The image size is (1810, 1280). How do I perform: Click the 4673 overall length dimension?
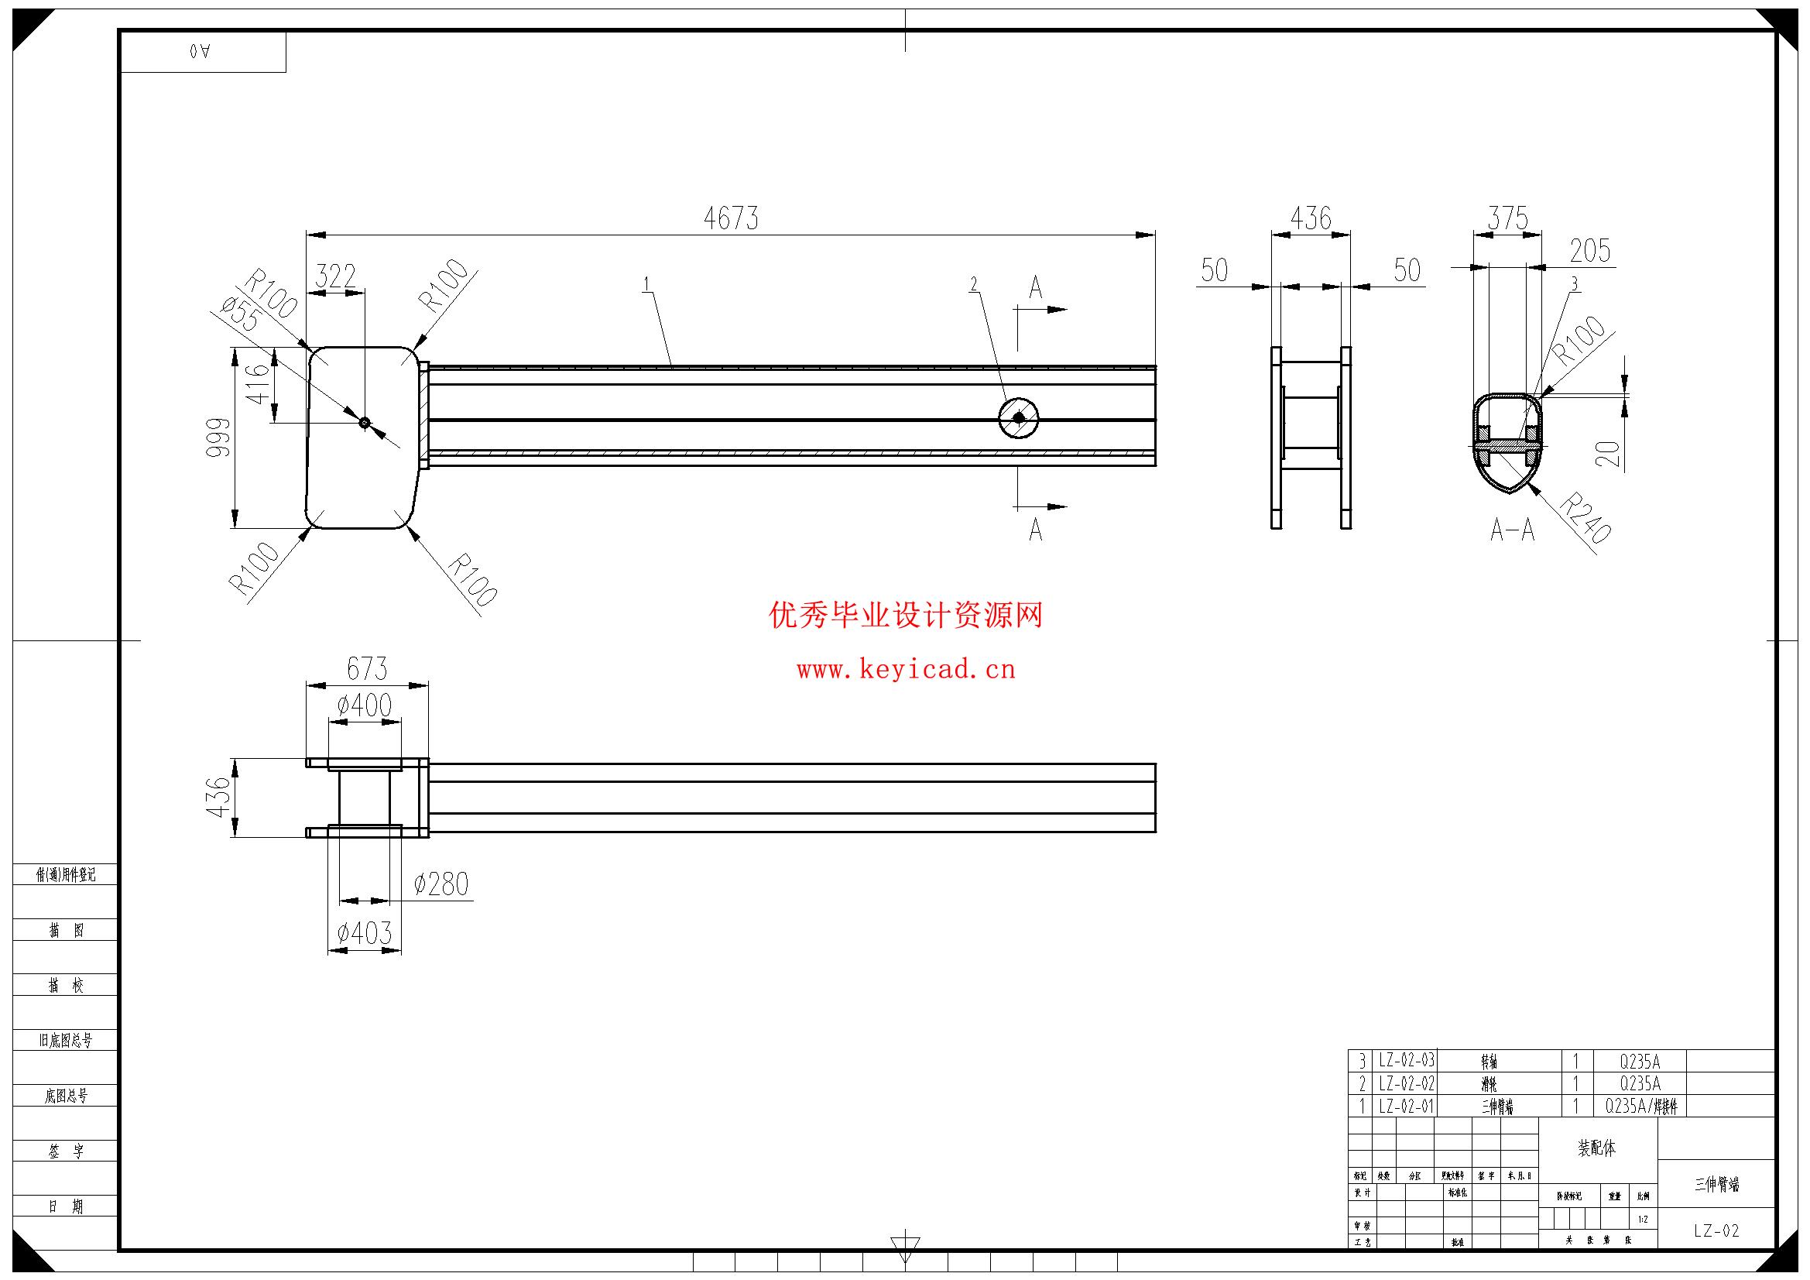731,218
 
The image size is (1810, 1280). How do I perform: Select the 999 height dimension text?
218,438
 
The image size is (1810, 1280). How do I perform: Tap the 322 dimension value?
336,276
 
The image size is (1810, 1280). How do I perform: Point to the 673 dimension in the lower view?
368,669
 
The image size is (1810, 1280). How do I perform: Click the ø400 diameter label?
364,705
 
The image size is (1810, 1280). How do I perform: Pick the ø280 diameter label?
441,884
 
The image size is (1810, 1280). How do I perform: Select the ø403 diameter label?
364,934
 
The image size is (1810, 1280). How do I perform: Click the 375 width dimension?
1507,218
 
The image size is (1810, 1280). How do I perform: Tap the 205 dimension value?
1589,251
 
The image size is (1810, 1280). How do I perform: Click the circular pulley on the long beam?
1019,418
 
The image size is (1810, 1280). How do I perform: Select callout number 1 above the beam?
646,284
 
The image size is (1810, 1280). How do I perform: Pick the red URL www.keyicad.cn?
906,671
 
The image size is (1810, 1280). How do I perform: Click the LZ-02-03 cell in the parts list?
1407,1061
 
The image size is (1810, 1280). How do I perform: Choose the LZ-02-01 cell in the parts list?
1407,1107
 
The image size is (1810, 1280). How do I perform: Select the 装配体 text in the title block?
1596,1148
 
